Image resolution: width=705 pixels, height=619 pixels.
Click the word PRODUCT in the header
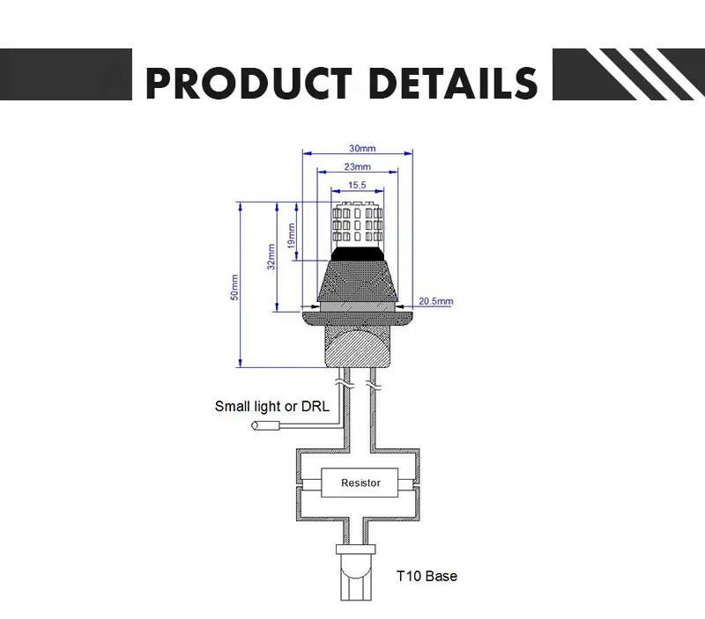click(249, 83)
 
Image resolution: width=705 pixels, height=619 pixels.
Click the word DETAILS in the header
click(453, 83)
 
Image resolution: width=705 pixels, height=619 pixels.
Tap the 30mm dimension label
click(362, 148)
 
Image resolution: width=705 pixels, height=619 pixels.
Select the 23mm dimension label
click(358, 166)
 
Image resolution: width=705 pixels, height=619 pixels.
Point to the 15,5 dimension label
click(357, 185)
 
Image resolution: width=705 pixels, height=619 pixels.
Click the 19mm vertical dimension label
click(292, 235)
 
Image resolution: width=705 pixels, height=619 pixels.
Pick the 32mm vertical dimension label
click(271, 256)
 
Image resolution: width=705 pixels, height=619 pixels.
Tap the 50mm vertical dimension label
click(234, 288)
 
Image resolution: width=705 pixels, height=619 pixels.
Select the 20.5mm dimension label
click(435, 301)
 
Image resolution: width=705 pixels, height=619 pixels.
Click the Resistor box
click(360, 483)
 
